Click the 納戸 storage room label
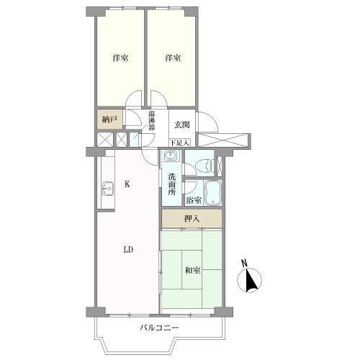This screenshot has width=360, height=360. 109,120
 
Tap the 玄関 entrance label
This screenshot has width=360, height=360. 182,125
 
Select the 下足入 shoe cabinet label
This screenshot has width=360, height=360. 180,143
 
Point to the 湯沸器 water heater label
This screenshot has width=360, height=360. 151,120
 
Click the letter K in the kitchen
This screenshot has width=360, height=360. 127,184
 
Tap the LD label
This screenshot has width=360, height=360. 128,250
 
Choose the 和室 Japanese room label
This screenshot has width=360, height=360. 193,271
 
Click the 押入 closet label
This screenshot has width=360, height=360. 192,218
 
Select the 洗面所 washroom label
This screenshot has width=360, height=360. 172,184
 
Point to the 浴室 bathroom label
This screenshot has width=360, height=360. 194,200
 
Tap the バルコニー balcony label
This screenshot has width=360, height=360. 159,328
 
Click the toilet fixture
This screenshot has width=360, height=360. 204,166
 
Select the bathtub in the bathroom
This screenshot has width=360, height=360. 212,193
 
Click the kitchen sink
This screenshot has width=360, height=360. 108,189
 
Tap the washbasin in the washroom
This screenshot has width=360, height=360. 171,156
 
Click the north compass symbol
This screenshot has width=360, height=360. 249,280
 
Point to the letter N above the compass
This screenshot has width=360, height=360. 244,264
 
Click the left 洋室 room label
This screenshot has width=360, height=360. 120,58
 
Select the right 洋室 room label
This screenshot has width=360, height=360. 173,58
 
